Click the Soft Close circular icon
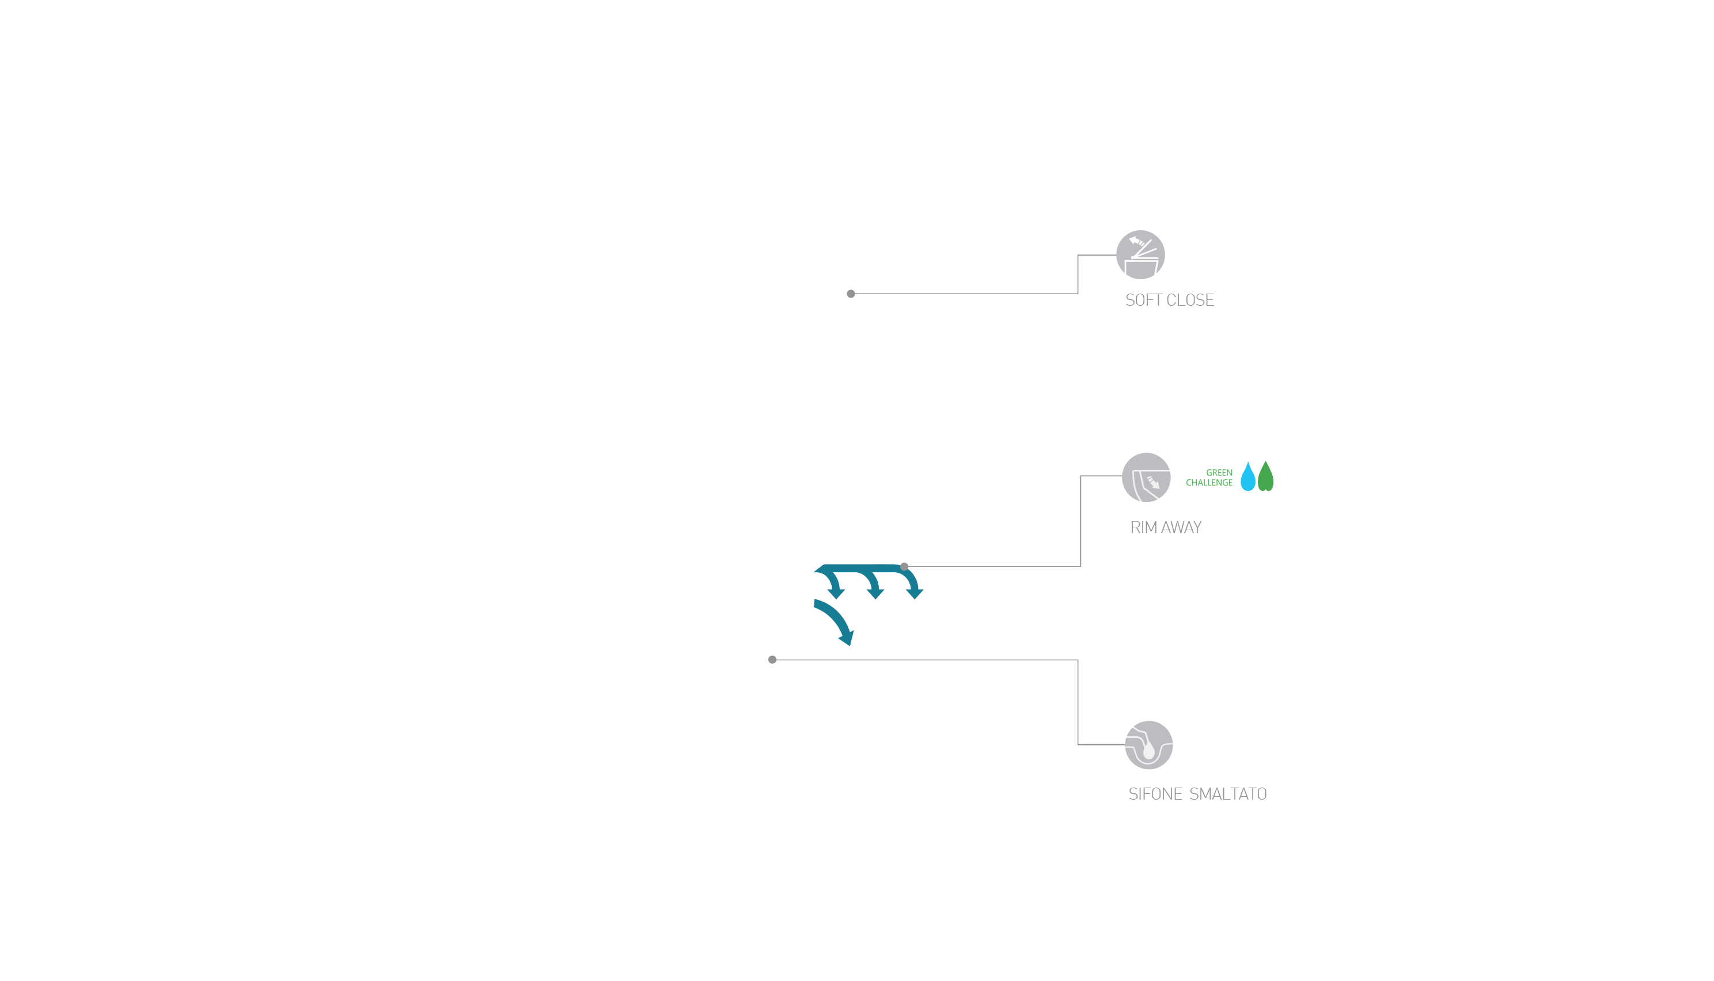(x=1140, y=254)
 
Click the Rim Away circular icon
(x=1146, y=477)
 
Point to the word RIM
(x=1143, y=527)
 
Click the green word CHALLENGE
(x=1209, y=483)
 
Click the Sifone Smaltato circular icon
(x=1148, y=745)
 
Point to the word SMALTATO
(x=1227, y=794)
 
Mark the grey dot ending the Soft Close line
(x=851, y=294)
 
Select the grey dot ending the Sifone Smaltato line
(x=772, y=660)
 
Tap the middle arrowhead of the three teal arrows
(x=875, y=592)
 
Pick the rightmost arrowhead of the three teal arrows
(x=915, y=592)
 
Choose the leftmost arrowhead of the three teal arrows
(x=836, y=592)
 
